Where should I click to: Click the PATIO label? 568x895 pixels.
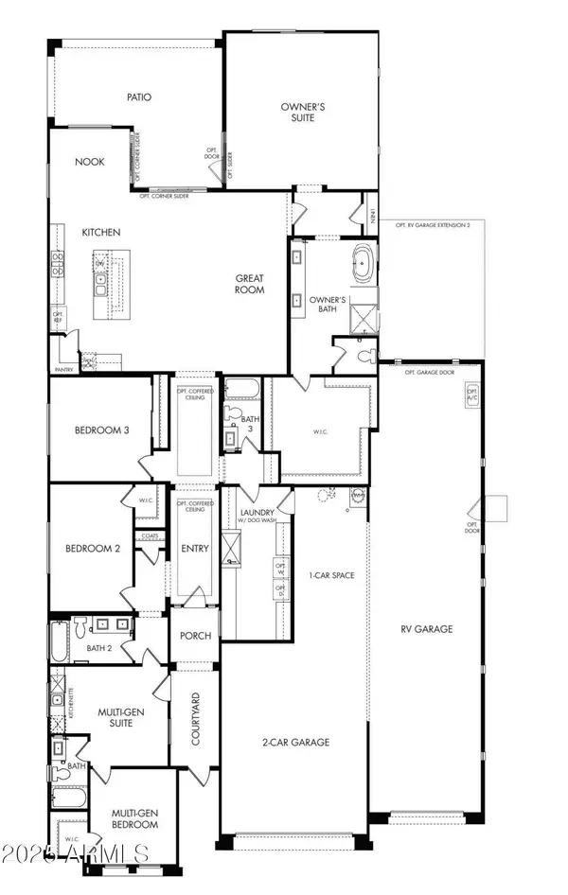[x=140, y=97]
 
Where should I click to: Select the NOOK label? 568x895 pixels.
[x=89, y=162]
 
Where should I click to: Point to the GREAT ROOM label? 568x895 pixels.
[x=250, y=285]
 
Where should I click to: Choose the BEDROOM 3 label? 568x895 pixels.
[x=101, y=430]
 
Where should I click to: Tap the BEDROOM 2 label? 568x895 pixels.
[x=92, y=549]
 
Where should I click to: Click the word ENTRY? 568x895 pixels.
[x=193, y=549]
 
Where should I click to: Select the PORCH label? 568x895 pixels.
[x=195, y=636]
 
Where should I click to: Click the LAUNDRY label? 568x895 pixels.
[x=257, y=512]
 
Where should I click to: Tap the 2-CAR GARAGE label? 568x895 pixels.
[x=297, y=743]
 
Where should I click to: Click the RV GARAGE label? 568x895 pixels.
[x=426, y=628]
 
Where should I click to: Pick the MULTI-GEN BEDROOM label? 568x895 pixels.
[x=134, y=818]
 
